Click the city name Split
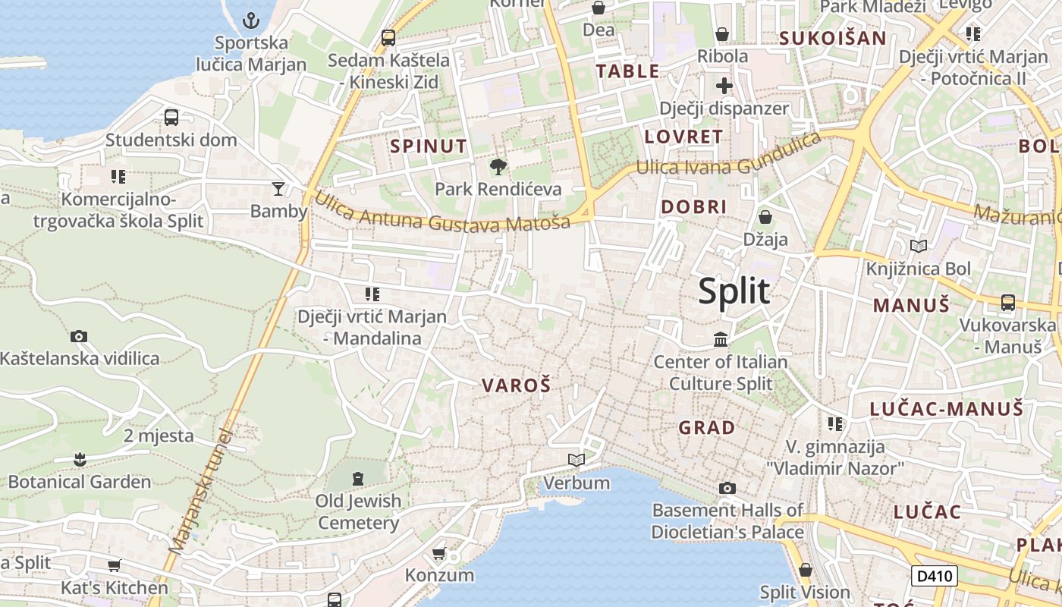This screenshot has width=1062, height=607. [x=734, y=291]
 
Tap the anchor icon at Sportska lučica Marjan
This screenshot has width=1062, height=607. [x=251, y=20]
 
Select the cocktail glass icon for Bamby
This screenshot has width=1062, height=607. [x=278, y=188]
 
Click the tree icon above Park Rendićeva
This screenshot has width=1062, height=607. [x=498, y=166]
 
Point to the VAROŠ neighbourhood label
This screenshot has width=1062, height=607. [x=516, y=385]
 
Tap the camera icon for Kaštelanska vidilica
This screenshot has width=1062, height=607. [x=79, y=336]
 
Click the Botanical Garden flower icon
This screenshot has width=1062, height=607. [x=80, y=459]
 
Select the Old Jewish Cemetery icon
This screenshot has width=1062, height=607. [x=358, y=478]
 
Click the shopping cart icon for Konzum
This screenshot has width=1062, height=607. [x=438, y=553]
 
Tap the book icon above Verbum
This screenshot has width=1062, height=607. [x=577, y=460]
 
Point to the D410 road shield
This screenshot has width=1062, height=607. [x=934, y=576]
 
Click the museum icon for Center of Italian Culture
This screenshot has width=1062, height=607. [x=720, y=339]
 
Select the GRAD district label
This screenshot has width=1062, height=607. [x=706, y=428]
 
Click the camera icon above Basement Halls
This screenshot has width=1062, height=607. [x=727, y=488]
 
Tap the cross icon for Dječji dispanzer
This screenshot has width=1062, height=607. [x=724, y=85]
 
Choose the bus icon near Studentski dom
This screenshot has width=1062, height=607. [x=171, y=118]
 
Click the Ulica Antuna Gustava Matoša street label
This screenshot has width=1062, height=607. [x=441, y=213]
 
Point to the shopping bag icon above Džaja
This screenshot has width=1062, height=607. [x=765, y=217]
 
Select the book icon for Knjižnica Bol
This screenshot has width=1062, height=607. [x=918, y=246]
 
